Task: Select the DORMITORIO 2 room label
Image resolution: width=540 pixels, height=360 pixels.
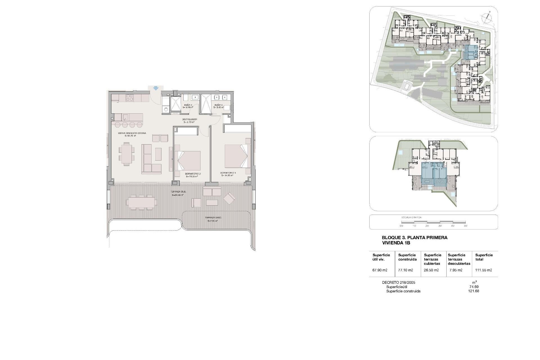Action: (x=193, y=174)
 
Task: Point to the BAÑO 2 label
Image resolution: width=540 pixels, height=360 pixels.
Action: (x=188, y=105)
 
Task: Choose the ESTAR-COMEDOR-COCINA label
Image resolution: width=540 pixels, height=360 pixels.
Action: (x=132, y=133)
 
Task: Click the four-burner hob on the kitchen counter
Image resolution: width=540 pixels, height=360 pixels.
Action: (x=129, y=98)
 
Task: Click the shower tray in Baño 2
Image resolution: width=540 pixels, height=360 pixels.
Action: (x=177, y=105)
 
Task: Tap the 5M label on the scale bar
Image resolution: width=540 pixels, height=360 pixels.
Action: (x=465, y=226)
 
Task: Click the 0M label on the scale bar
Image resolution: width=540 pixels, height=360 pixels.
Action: (x=401, y=226)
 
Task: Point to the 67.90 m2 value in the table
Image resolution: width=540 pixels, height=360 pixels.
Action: (x=380, y=270)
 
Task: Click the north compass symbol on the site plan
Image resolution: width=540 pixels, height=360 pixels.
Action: (x=486, y=17)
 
